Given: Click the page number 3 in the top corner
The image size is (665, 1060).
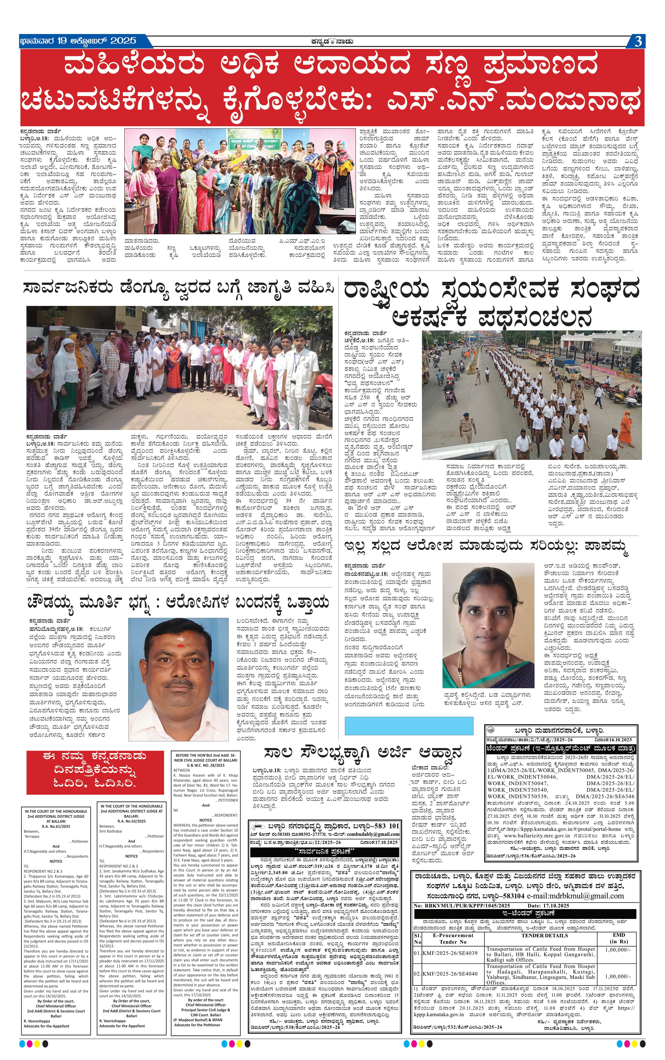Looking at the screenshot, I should tap(638, 41).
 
